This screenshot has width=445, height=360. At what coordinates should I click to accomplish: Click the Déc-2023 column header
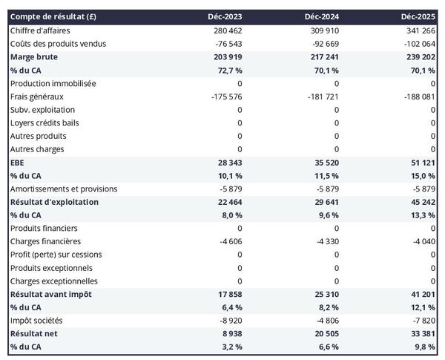coord(225,17)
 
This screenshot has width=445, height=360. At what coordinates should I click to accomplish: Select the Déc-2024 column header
coord(322,17)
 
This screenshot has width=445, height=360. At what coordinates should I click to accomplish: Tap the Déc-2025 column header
coord(418,17)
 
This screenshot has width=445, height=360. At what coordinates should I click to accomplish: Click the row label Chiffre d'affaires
coord(44,30)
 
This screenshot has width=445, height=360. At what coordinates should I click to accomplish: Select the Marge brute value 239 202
coord(418,57)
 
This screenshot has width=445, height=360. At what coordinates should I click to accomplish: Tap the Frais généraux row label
coord(37,96)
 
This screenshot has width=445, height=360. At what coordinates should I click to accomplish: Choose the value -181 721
coord(321,96)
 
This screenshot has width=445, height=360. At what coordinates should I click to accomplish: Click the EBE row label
coord(17,163)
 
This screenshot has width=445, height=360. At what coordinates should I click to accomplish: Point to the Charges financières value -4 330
coord(325,241)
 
